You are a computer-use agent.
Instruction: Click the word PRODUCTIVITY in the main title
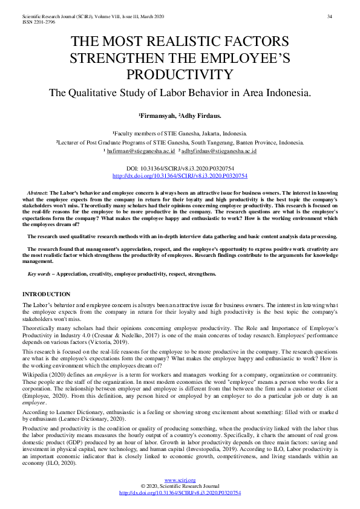pos(180,74)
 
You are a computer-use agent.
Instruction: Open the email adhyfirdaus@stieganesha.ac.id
pos(218,151)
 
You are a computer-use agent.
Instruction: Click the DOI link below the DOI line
pos(180,175)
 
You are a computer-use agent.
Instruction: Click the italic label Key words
pos(39,274)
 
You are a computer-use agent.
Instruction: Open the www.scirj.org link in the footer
pos(180,481)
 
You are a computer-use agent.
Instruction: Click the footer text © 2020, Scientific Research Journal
pos(180,487)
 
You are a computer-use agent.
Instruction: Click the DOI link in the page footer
pos(180,493)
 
